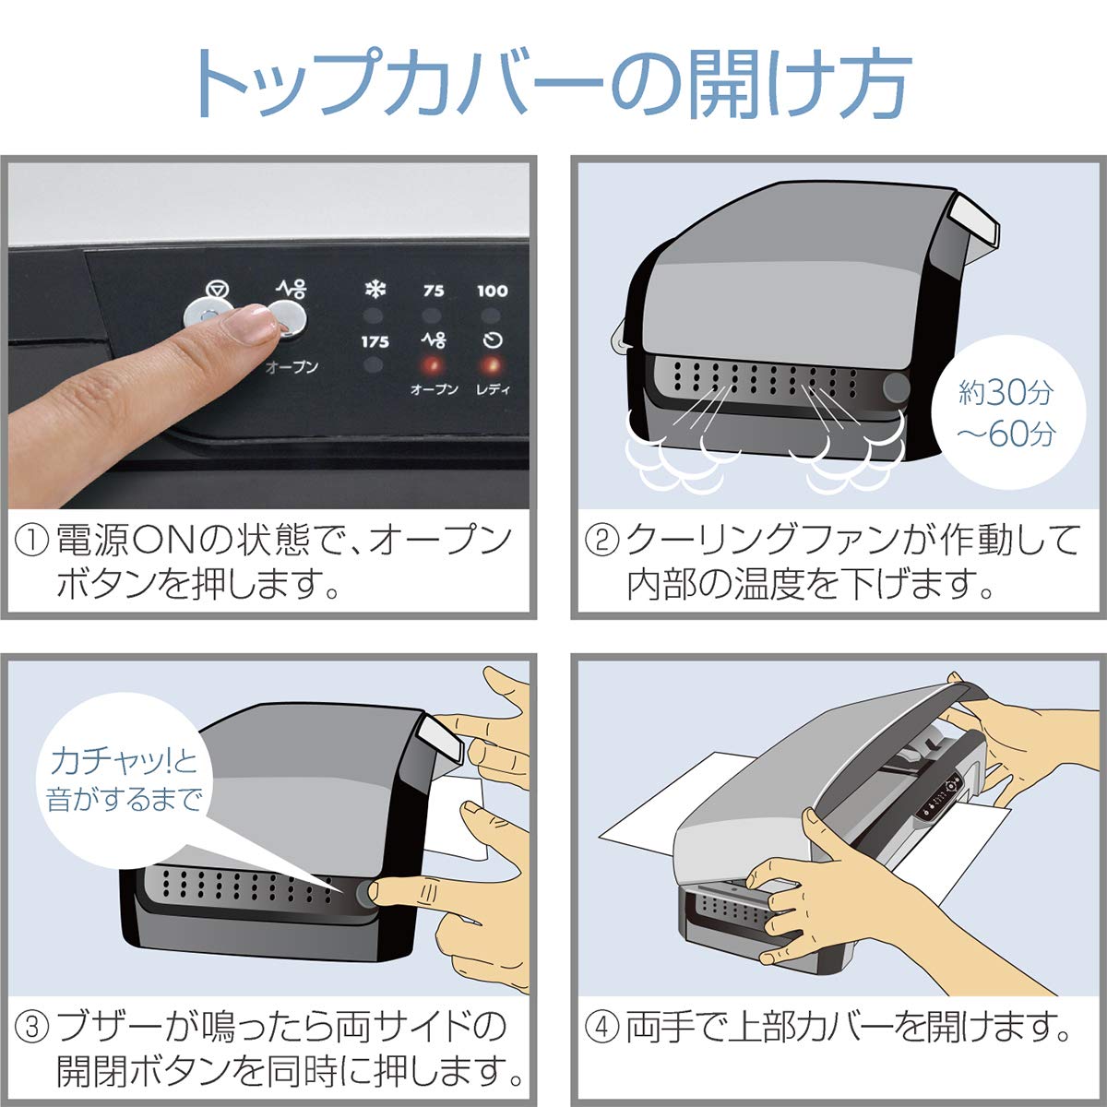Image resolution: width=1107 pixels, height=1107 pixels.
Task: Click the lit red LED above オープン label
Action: pos(433,363)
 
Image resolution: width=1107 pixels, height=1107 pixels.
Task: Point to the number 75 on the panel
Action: pos(433,291)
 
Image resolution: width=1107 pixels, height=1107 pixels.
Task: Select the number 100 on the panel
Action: pos(492,291)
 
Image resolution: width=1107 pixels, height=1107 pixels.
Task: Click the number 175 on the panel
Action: pos(374,341)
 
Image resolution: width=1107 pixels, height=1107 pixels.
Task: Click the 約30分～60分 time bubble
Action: pos(1005,413)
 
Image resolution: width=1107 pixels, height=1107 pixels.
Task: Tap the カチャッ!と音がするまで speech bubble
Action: pos(125,780)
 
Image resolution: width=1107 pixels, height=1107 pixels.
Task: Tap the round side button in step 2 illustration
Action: pos(895,387)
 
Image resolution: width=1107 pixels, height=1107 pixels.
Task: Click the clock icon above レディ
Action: pos(493,340)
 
